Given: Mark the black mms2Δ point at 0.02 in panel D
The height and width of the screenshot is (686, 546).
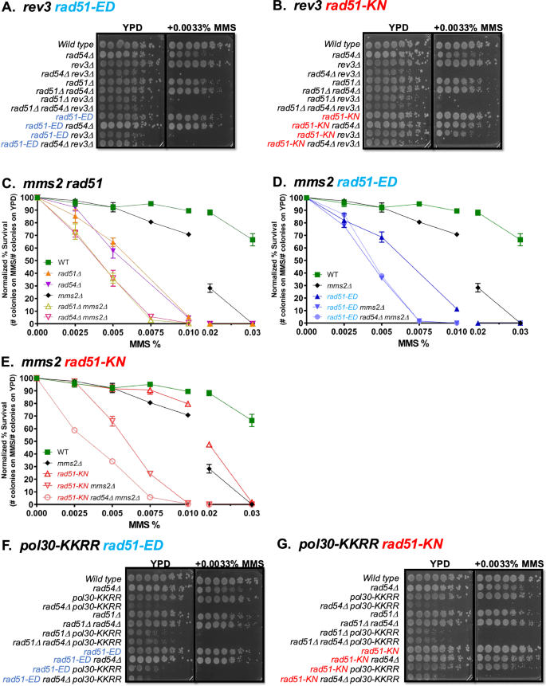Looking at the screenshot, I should click(x=502, y=288).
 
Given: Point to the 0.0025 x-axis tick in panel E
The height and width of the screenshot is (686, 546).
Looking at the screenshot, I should click(x=74, y=514).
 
